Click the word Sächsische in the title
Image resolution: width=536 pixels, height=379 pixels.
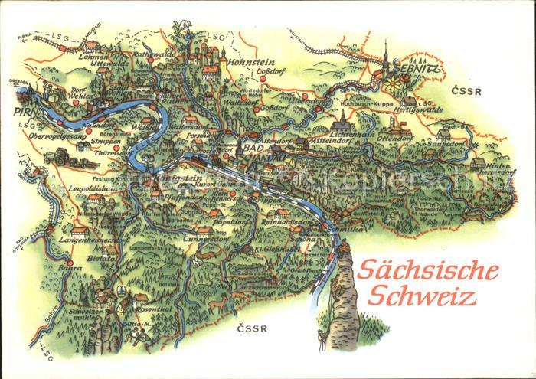point(429,272)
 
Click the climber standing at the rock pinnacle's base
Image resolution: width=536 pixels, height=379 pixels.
point(319,334)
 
